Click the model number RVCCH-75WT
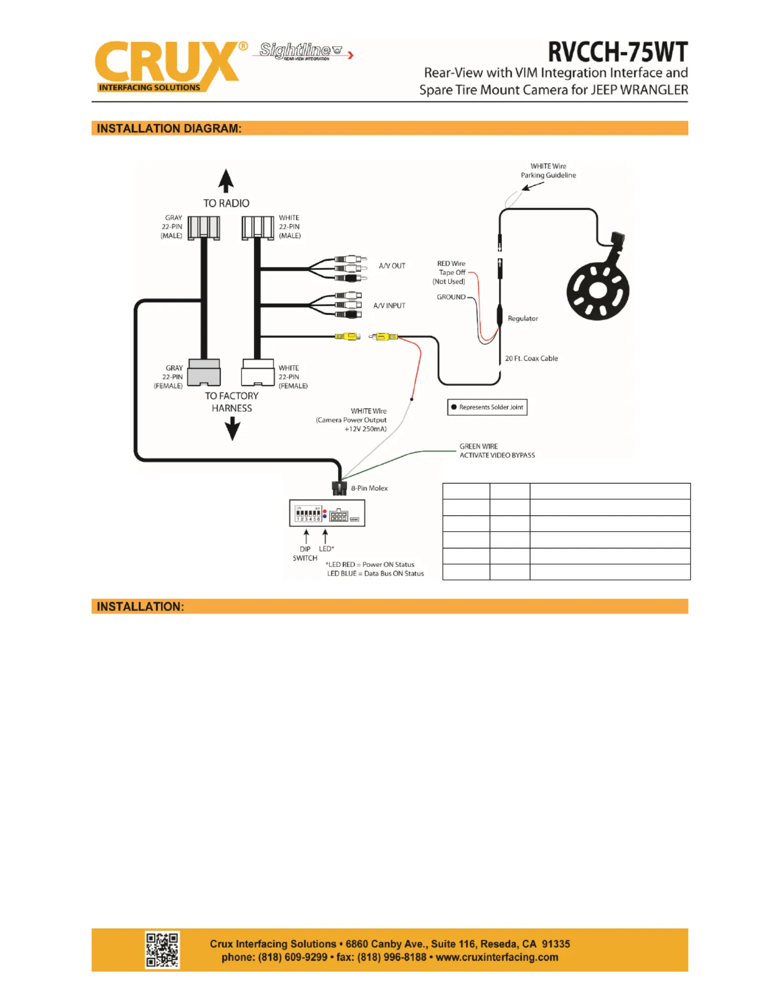tap(618, 52)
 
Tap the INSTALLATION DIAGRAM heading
tap(169, 128)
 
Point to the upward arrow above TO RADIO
tap(226, 181)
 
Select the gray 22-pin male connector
tap(204, 228)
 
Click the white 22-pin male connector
tap(258, 228)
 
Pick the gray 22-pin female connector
tap(204, 372)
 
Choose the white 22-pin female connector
tap(258, 372)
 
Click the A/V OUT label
tap(392, 266)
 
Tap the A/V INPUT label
tap(389, 305)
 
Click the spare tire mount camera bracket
tap(598, 281)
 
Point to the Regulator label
tap(523, 318)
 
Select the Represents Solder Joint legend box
tap(487, 407)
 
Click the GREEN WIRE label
tap(479, 446)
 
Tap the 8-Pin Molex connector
tap(339, 488)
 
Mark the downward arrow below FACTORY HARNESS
tap(232, 429)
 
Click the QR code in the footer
tap(162, 950)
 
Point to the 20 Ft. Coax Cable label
tap(531, 358)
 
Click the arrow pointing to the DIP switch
tap(306, 536)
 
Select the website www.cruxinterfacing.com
tap(497, 957)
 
